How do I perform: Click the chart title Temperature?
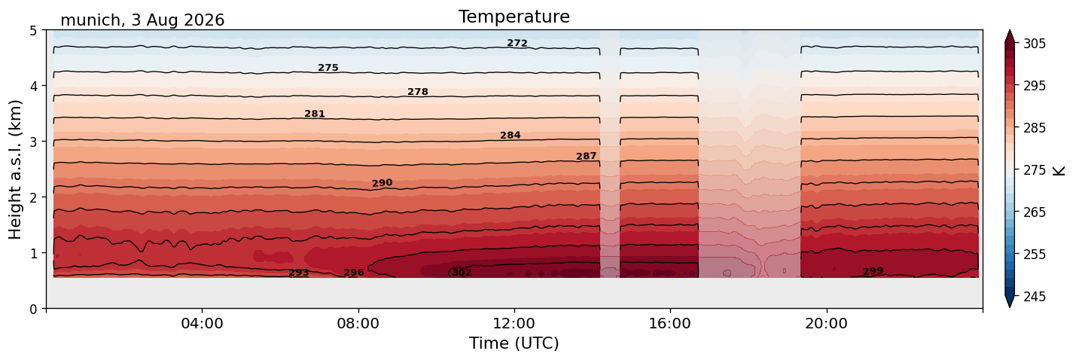click(x=514, y=17)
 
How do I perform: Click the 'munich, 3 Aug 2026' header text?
click(x=142, y=20)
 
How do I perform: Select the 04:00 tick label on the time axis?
click(x=202, y=323)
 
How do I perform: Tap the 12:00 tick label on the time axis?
click(x=514, y=323)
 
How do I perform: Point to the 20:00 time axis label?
click(x=826, y=323)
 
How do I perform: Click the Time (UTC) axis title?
click(x=514, y=343)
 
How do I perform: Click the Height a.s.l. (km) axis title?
click(x=15, y=169)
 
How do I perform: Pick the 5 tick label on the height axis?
click(x=33, y=31)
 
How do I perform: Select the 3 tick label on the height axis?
click(x=33, y=142)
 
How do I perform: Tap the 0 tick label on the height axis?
click(x=33, y=309)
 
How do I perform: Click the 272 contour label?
click(x=517, y=43)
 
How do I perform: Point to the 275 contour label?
click(x=328, y=68)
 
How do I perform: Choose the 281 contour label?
click(x=315, y=114)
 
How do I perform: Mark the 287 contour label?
click(x=587, y=156)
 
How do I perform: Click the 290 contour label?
click(x=383, y=183)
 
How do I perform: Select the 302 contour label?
click(x=462, y=273)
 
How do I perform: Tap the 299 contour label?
click(x=873, y=271)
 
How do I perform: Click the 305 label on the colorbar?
click(x=1034, y=44)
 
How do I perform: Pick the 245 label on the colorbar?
click(x=1034, y=297)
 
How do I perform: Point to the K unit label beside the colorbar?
click(x=1058, y=171)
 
